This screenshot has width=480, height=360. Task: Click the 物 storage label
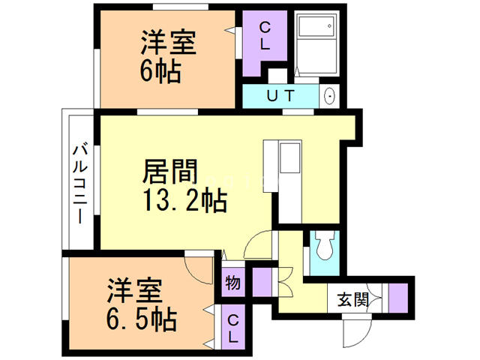[232, 284]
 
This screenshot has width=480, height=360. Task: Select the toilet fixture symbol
[325, 247]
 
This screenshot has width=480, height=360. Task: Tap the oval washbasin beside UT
[328, 97]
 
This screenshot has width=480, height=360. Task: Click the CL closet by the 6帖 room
[264, 36]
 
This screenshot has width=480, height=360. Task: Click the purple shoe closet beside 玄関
[397, 295]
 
